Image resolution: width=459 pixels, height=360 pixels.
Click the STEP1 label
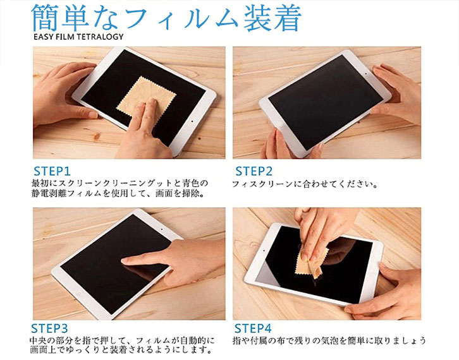click(52, 171)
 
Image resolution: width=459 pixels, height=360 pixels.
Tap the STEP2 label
click(254, 171)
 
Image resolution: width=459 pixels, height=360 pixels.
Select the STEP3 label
click(49, 328)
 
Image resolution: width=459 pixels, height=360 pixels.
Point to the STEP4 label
click(253, 328)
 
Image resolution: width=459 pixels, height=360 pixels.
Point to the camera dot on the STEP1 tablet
click(192, 121)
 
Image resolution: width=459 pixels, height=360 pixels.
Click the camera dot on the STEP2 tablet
click(366, 74)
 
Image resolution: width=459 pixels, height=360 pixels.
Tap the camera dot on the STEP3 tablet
click(162, 229)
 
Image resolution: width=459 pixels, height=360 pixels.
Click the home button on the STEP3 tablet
click(78, 292)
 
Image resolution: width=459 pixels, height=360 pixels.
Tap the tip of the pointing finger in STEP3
click(123, 260)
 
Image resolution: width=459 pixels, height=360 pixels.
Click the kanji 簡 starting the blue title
click(46, 18)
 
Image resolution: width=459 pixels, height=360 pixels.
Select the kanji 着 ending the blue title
click(286, 18)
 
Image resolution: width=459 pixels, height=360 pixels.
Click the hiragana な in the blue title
click(103, 18)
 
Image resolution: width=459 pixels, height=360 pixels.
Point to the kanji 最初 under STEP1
click(40, 184)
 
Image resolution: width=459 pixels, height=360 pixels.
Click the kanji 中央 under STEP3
click(39, 340)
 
